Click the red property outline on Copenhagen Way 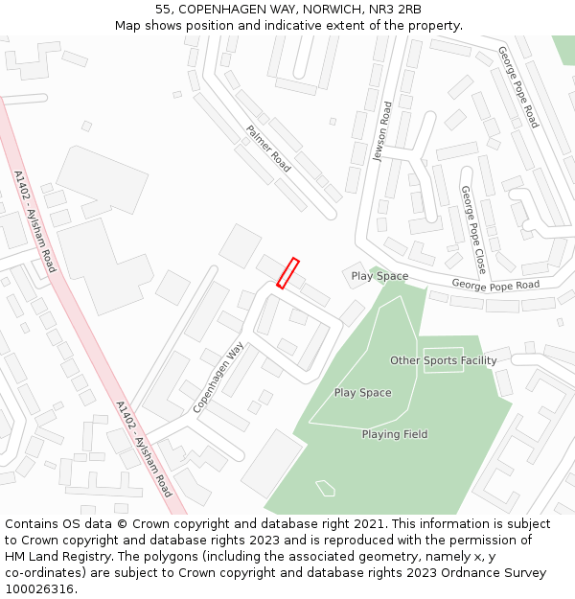pos(287,273)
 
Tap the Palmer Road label pos(268,149)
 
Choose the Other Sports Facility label pos(443,360)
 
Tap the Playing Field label pos(394,434)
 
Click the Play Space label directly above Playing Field pos(362,393)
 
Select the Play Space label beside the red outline pos(379,276)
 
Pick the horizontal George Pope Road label pos(495,285)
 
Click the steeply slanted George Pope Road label pos(518,87)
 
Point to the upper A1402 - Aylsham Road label pos(34,221)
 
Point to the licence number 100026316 pos(41,589)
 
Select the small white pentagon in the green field pos(326,488)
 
